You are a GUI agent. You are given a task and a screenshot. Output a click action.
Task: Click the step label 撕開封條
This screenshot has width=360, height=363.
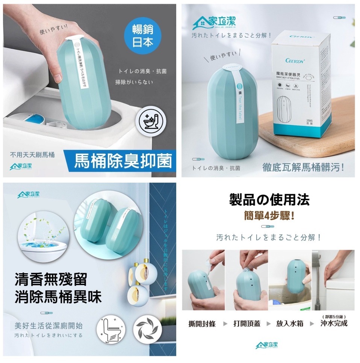pos(202,324)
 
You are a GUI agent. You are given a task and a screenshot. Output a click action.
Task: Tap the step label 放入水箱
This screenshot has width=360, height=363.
pos(290,324)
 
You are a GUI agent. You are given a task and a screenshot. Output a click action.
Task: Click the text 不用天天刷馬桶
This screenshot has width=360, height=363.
pos(33,155)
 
